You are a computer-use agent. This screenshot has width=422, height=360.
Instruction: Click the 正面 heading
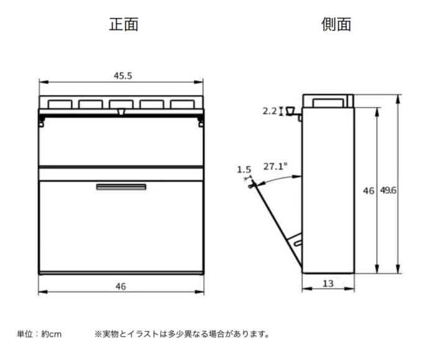124,24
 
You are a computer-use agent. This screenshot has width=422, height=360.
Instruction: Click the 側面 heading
336,24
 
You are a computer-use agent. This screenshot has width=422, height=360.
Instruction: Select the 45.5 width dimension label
122,76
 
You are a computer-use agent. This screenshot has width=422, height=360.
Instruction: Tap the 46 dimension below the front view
121,286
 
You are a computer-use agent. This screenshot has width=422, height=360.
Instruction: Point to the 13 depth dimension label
328,284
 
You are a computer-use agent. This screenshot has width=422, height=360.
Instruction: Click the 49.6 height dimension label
388,190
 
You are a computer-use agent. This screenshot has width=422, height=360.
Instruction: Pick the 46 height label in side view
369,191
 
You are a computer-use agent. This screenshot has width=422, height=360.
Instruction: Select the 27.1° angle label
275,167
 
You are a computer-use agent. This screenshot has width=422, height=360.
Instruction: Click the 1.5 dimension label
244,170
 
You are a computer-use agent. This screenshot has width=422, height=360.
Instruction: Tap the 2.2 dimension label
269,111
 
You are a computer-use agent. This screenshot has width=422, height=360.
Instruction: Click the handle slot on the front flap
121,187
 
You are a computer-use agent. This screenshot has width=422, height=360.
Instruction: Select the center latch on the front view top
121,112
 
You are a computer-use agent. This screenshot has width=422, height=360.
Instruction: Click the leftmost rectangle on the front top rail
60,104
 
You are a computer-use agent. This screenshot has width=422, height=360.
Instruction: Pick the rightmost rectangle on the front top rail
183,104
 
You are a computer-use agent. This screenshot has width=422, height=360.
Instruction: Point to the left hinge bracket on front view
42,121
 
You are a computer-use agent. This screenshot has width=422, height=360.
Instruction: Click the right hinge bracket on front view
201,121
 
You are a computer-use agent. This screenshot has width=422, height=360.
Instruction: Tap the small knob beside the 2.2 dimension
291,111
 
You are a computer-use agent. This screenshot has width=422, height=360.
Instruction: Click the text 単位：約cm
39,334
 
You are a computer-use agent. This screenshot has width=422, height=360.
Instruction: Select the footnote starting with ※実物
181,334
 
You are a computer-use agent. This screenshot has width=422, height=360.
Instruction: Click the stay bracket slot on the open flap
298,243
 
